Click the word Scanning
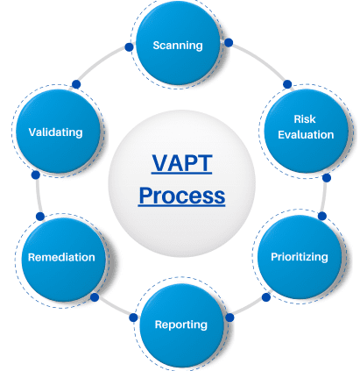(178, 46)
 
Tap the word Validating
(55, 132)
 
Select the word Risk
(305, 119)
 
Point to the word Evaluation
(306, 135)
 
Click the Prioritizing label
(300, 257)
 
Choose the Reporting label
(181, 325)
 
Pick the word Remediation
(61, 257)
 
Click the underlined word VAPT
(181, 163)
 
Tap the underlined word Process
(181, 196)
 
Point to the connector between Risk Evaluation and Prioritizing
(324, 197)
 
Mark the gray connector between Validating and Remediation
(38, 196)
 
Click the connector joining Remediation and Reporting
(114, 308)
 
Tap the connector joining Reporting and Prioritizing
(248, 308)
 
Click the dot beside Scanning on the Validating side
(129, 47)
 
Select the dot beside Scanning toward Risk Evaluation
(229, 43)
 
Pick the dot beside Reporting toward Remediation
(133, 317)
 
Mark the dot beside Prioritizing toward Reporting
(266, 297)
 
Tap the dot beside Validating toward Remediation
(35, 175)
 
